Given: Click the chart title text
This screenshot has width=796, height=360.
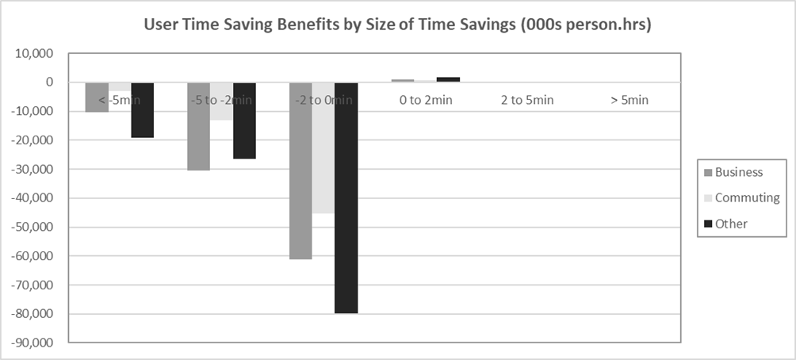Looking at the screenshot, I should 397,24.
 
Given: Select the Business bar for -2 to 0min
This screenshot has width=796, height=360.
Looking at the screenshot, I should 300,170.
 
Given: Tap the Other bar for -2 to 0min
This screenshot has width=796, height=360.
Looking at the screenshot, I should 346,197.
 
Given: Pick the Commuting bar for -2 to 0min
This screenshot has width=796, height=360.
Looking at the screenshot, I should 323,147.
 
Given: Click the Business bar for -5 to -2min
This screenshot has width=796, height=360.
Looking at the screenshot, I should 199,126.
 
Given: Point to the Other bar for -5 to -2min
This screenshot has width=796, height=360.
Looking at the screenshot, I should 244,121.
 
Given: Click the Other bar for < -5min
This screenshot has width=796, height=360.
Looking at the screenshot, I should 143,110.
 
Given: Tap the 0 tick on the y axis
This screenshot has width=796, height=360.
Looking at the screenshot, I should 49,82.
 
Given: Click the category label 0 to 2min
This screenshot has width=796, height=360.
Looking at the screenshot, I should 426,100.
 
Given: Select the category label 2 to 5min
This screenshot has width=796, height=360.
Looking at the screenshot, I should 527,100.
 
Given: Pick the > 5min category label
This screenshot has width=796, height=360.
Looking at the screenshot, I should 630,100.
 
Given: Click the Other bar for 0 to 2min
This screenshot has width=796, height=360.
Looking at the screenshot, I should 448,79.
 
